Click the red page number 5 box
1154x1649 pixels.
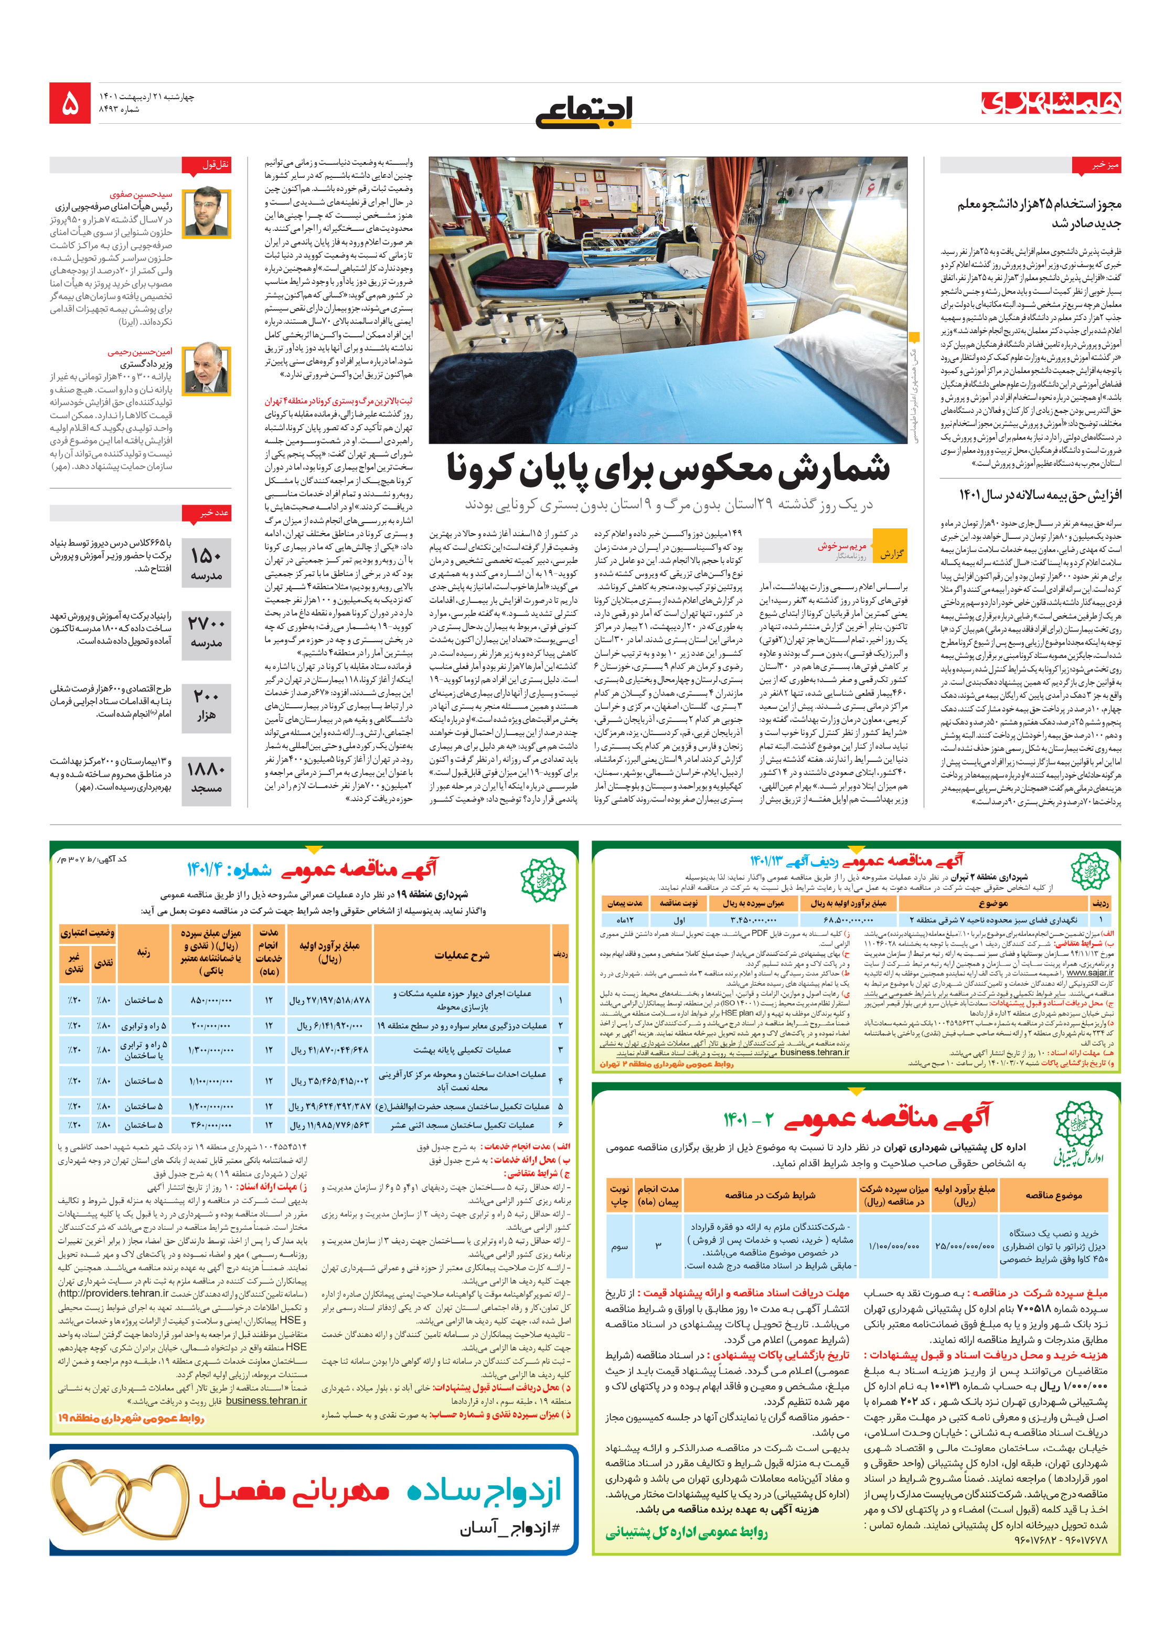pyautogui.click(x=70, y=103)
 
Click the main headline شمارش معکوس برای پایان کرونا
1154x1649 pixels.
pyautogui.click(x=667, y=469)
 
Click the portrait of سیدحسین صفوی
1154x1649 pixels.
pyautogui.click(x=206, y=212)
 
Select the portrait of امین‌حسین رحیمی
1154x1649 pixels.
pyautogui.click(x=206, y=369)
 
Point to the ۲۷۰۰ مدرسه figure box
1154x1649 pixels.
pyautogui.click(x=206, y=632)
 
